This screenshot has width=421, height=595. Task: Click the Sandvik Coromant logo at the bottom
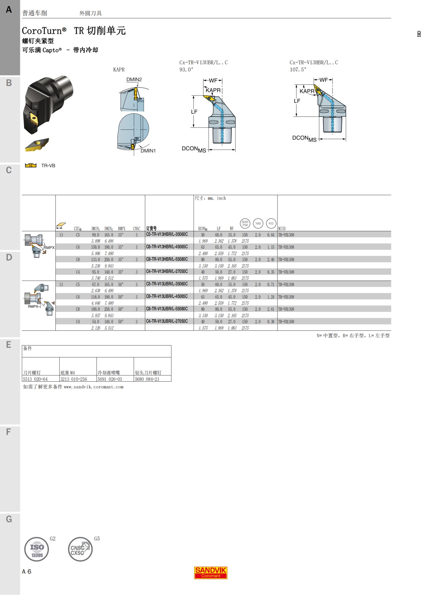[x=211, y=573]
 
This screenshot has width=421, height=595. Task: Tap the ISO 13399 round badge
[x=36, y=549]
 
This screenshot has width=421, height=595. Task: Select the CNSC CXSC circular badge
[x=80, y=549]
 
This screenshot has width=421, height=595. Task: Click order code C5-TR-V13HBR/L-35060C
[x=167, y=234]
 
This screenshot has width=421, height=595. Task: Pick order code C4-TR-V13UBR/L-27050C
[x=167, y=321]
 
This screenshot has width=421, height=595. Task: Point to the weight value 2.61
[x=270, y=309]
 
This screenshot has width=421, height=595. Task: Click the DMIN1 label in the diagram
[x=148, y=151]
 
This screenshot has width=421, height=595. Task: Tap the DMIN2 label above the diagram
[x=134, y=80]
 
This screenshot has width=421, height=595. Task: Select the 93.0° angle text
[x=186, y=69]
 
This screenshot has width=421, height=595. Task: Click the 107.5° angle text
[x=298, y=69]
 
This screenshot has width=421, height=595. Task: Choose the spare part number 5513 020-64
[x=35, y=379]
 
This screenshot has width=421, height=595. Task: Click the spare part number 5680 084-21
[x=147, y=379]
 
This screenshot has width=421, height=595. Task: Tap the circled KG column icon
[x=271, y=223]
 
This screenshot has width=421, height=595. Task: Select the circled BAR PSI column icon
[x=245, y=223]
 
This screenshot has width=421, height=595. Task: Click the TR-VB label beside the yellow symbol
[x=48, y=165]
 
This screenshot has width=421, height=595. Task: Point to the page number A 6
[x=27, y=572]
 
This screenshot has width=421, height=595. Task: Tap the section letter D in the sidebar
[x=9, y=258]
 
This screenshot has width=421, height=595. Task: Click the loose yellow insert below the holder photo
[x=36, y=144]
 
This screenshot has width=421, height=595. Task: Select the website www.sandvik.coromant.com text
[x=94, y=387]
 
